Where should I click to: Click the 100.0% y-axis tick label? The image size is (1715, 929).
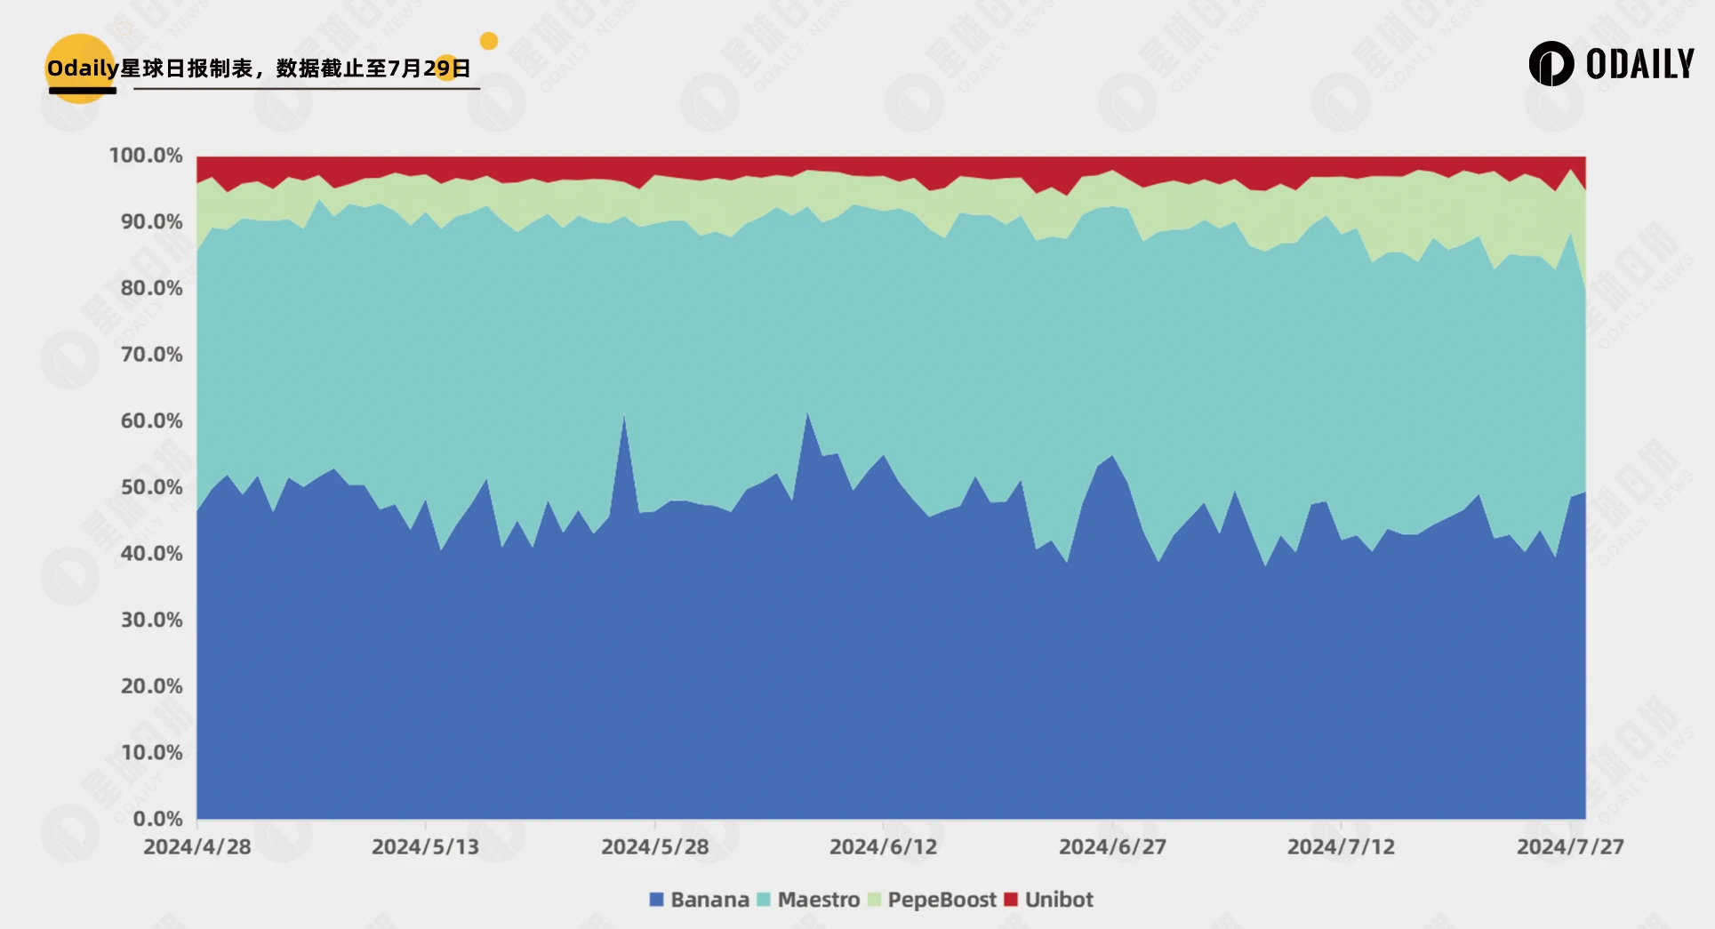tap(146, 156)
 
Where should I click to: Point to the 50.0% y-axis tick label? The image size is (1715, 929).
tap(151, 487)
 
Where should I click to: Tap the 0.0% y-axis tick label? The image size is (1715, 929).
tap(157, 819)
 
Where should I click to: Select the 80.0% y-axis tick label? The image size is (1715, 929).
tap(151, 288)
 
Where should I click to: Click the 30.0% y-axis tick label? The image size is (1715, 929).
tap(151, 620)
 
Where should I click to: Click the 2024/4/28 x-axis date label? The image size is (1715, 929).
tap(197, 846)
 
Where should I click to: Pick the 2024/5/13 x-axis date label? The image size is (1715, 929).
tap(425, 846)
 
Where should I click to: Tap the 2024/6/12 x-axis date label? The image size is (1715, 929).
tap(883, 846)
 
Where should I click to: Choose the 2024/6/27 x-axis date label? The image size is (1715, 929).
tap(1112, 846)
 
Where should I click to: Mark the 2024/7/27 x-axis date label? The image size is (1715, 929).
tap(1570, 846)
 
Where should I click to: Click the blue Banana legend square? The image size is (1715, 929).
tap(657, 900)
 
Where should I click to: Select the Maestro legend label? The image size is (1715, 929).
tap(818, 900)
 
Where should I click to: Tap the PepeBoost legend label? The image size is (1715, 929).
tap(942, 900)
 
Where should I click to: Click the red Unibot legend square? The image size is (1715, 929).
tap(1011, 900)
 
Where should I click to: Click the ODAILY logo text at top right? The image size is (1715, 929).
tap(1639, 64)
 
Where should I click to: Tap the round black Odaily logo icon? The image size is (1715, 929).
tap(1551, 64)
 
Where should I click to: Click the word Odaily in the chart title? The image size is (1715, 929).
tap(83, 68)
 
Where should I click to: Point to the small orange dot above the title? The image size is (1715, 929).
tap(489, 41)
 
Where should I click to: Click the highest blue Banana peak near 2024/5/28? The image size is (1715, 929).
tap(624, 417)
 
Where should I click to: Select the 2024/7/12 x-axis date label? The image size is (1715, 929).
tap(1341, 846)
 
